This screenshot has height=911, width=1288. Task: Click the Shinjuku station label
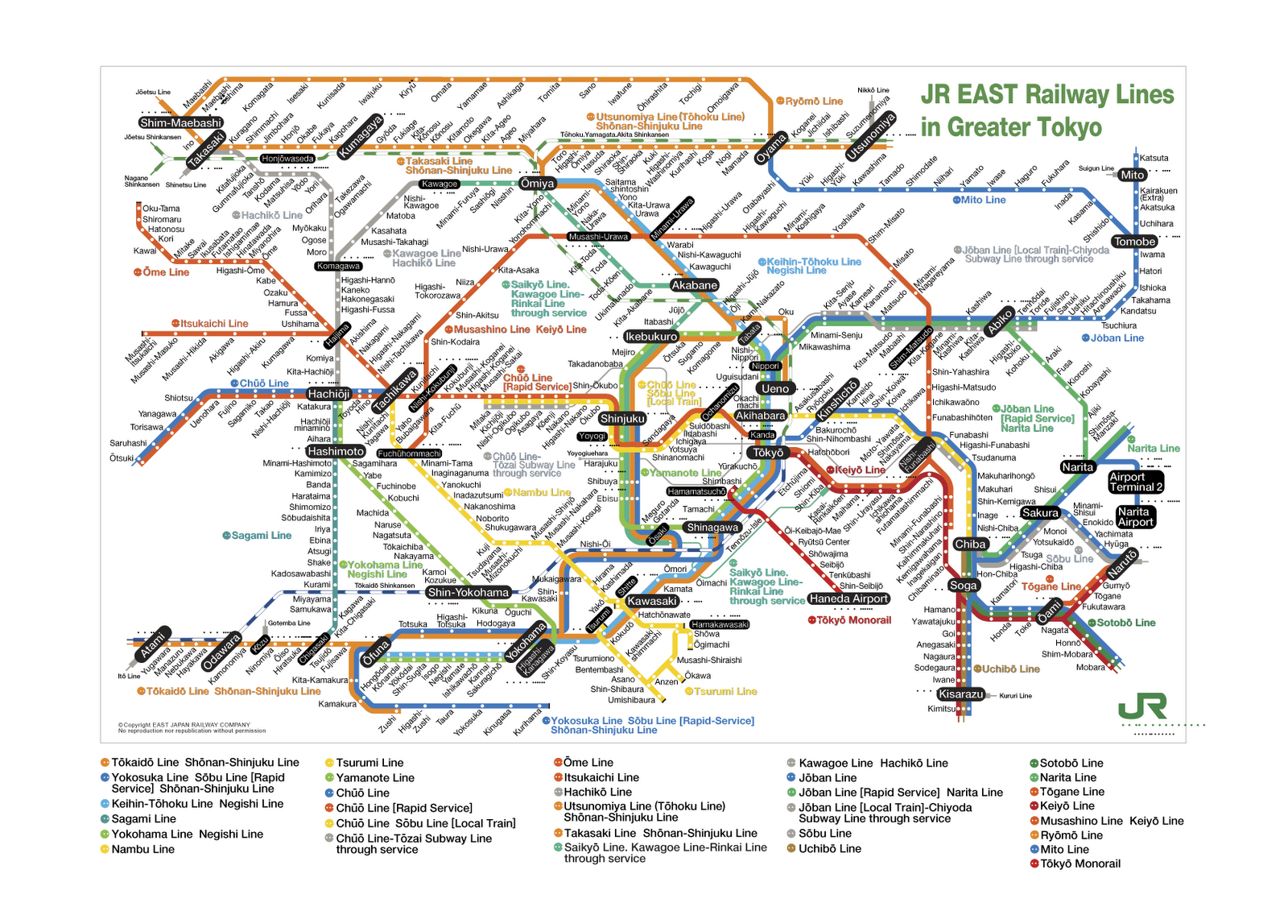pos(622,419)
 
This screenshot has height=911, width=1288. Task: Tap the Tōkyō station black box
pos(768,453)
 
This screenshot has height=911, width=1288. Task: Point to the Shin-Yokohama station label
pos(468,592)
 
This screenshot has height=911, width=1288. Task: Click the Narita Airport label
pos(1135,517)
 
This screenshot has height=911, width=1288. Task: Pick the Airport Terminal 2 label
pos(1135,482)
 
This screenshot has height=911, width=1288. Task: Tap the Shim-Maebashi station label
pos(180,122)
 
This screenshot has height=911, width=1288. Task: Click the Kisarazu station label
pos(960,694)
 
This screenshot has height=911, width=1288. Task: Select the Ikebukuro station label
pos(651,337)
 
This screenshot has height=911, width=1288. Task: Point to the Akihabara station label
pos(760,416)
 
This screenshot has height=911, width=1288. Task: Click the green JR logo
pos(1142,708)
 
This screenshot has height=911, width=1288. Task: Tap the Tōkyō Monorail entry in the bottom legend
pos(1080,863)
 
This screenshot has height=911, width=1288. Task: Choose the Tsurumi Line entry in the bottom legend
pos(369,763)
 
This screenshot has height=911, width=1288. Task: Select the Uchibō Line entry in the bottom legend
pos(829,848)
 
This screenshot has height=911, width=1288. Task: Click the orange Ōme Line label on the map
pos(166,272)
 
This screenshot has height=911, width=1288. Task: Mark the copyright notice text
pos(192,727)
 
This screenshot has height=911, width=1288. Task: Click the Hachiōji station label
pos(328,394)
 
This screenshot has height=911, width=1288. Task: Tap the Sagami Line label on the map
pos(261,536)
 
